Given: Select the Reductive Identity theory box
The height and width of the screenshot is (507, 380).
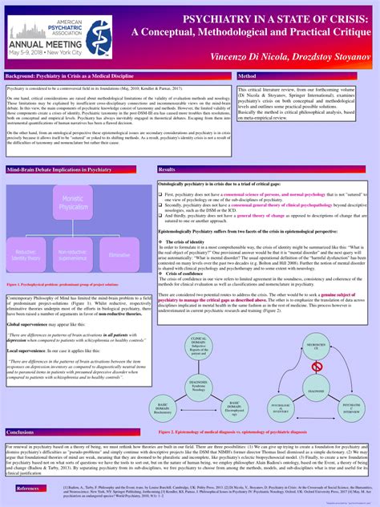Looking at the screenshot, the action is coord(29,254).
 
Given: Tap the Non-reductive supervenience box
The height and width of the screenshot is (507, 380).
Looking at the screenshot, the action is coord(72,254).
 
